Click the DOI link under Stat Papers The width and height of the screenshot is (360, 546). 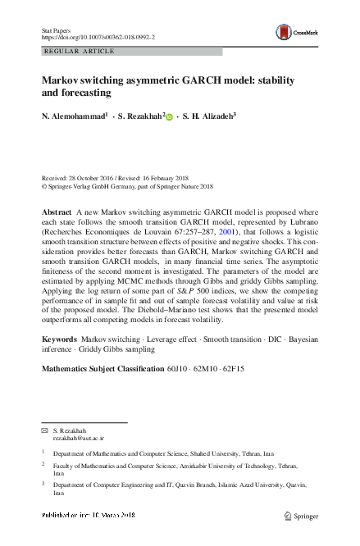coord(98,37)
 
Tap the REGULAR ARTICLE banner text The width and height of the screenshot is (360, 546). coord(78,51)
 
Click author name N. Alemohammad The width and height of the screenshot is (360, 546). coord(74,117)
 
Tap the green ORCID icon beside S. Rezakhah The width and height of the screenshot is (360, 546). coord(170,118)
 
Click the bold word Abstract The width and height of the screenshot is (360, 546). coord(57,212)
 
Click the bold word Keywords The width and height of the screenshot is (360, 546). coord(59,339)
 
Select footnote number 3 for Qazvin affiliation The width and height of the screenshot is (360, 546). coord(43,484)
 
